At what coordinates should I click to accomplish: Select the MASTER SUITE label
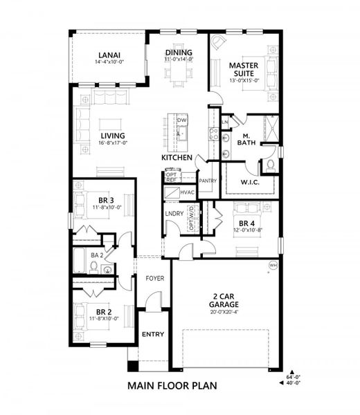coord(244,69)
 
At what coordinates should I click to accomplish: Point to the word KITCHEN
coord(177,158)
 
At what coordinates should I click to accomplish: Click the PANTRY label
coord(208,181)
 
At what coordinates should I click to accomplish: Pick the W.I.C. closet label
coord(249,183)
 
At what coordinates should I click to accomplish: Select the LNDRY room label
coord(174,214)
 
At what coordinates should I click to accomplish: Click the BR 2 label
coord(105,311)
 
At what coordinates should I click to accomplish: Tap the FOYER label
coord(154,279)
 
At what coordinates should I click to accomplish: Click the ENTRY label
coord(152,335)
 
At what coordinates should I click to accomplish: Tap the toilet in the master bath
coord(269,165)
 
